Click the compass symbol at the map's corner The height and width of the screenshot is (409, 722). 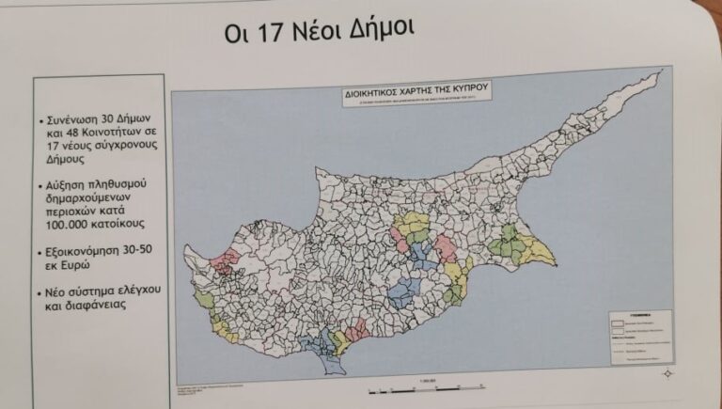tap(667, 373)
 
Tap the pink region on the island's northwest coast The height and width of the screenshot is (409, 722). tap(227, 260)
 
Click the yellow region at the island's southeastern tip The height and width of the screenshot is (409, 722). tap(537, 251)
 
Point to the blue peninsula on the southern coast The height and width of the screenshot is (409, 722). tap(329, 347)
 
